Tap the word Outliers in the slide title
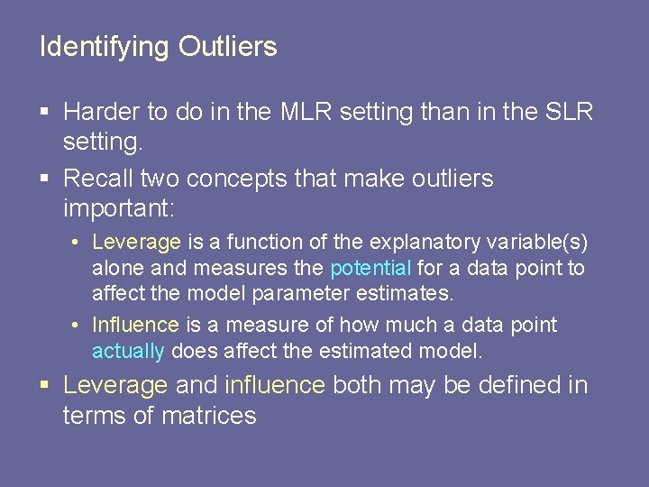pyautogui.click(x=227, y=46)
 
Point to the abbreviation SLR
pyautogui.click(x=568, y=112)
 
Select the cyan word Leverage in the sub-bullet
pyautogui.click(x=137, y=243)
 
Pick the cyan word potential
pyautogui.click(x=371, y=269)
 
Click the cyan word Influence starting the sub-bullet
pyautogui.click(x=135, y=325)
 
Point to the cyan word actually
pyautogui.click(x=128, y=351)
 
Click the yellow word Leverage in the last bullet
pyautogui.click(x=115, y=386)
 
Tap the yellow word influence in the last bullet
pyautogui.click(x=275, y=386)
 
